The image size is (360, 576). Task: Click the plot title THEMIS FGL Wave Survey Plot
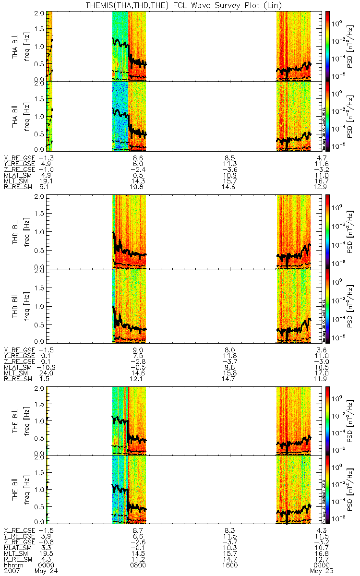click(x=180, y=4)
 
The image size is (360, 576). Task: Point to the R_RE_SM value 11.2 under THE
click(x=138, y=559)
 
